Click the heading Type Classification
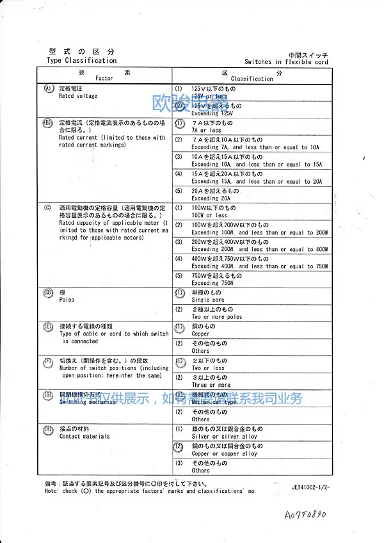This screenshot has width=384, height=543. click(x=81, y=61)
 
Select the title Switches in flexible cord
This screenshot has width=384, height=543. click(x=285, y=62)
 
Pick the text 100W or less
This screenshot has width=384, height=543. click(x=209, y=215)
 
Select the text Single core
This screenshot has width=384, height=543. click(x=208, y=300)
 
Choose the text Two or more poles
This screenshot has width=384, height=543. click(x=216, y=317)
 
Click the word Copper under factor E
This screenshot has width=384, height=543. click(x=200, y=334)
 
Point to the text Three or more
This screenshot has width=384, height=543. click(x=211, y=385)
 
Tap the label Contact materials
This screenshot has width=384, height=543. click(x=84, y=436)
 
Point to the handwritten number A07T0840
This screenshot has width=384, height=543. click(x=304, y=514)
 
